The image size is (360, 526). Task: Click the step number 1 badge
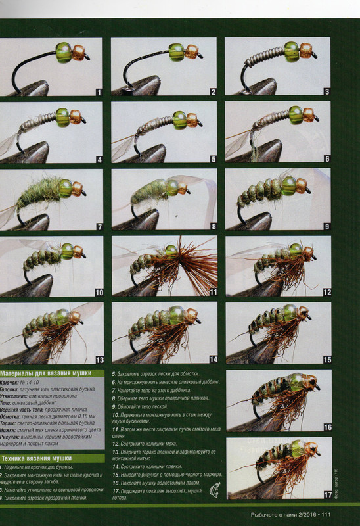(98, 92)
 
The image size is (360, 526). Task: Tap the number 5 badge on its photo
(212, 158)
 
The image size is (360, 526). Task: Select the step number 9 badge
(326, 226)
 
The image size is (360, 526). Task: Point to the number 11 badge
(212, 293)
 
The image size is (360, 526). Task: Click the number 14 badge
(212, 360)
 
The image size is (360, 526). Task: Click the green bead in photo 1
(64, 52)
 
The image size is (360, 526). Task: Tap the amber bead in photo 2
(191, 51)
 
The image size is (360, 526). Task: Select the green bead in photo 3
(292, 51)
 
